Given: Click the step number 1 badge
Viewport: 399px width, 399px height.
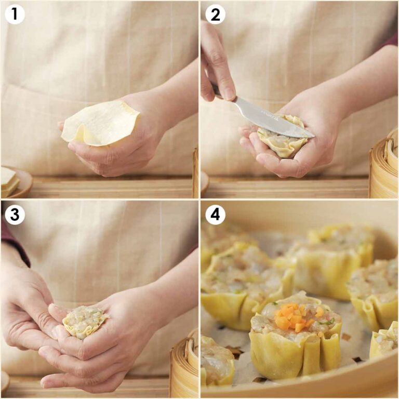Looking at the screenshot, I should [x=15, y=15].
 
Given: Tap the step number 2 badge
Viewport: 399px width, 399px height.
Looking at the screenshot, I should [x=215, y=15].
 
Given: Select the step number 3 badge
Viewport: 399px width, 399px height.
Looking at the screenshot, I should [x=15, y=215].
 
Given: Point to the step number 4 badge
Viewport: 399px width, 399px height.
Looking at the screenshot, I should [x=215, y=215].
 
